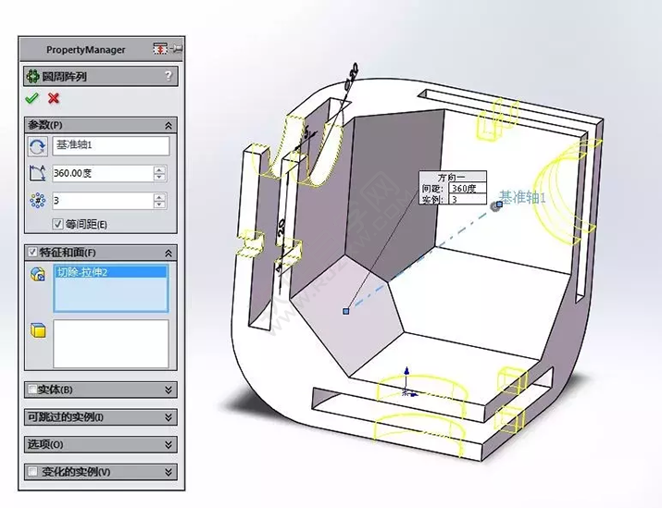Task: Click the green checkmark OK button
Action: click(x=31, y=98)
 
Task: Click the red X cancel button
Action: click(x=54, y=98)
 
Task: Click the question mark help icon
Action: click(x=168, y=76)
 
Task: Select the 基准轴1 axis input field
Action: click(x=110, y=146)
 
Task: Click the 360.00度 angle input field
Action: click(x=102, y=173)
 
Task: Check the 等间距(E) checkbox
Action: click(x=58, y=224)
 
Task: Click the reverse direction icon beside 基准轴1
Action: click(x=38, y=146)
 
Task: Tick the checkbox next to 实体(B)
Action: click(x=33, y=390)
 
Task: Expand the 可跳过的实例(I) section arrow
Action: click(x=168, y=417)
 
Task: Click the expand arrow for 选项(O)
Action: click(x=168, y=445)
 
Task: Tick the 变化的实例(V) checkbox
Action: click(x=33, y=472)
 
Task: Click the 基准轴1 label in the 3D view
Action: click(x=524, y=197)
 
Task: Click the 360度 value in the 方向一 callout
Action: click(x=464, y=188)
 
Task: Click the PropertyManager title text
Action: click(x=85, y=49)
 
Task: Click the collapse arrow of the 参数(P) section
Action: click(x=168, y=125)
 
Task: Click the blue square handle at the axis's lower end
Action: click(x=345, y=311)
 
